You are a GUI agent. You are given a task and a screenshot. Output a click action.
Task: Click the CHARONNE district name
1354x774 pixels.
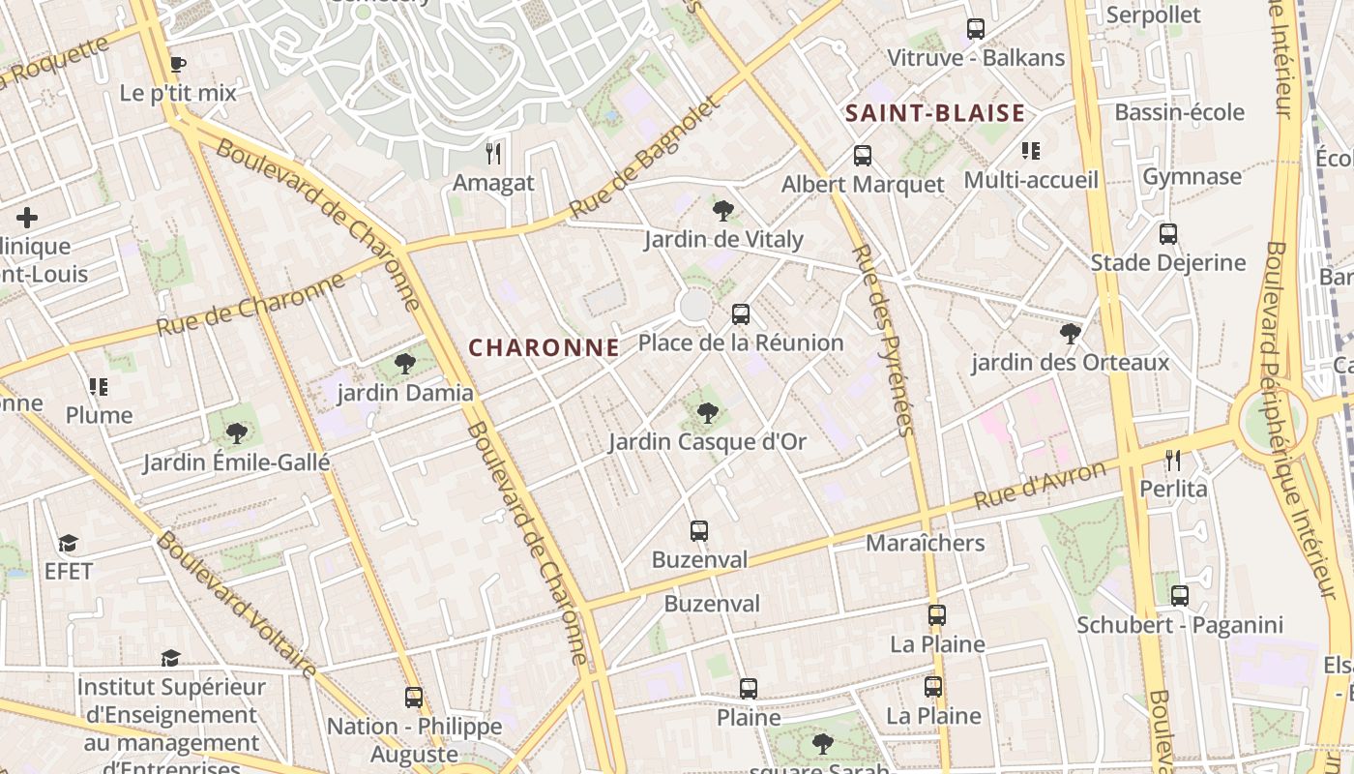point(544,347)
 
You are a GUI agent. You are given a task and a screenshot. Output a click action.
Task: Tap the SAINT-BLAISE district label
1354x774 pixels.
point(934,113)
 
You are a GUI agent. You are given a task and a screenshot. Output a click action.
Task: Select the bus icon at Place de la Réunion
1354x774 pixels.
point(741,314)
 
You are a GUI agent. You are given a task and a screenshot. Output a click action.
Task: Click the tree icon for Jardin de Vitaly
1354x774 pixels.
point(722,210)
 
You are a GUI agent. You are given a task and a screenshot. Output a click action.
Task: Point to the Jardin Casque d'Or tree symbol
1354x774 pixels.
point(708,413)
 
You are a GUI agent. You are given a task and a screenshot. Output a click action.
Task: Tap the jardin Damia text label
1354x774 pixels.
point(405,393)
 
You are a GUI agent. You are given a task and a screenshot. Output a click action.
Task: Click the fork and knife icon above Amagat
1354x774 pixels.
point(493,153)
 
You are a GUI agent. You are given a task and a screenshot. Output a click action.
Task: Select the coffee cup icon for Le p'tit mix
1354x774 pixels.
point(177,65)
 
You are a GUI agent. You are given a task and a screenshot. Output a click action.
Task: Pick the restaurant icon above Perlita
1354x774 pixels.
point(1173,460)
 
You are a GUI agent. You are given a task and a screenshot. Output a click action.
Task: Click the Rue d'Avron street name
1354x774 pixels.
point(1040,486)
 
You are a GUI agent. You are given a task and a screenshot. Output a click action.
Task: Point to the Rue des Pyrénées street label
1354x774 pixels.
point(881,339)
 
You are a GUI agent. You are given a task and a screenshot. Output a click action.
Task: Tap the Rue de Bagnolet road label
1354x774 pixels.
point(645,157)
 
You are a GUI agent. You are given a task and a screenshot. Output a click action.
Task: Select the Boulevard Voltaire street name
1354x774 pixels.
point(236,604)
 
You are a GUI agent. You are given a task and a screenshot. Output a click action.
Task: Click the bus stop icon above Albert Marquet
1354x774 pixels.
point(862,155)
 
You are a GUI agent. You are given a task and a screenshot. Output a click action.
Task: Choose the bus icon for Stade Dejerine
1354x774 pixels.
point(1168,233)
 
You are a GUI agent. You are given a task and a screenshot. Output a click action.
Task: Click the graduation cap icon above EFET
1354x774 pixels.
point(68,543)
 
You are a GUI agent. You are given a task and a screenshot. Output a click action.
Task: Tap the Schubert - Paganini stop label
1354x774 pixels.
point(1180,625)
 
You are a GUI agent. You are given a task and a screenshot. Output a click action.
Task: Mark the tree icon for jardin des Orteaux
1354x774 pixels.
point(1070,334)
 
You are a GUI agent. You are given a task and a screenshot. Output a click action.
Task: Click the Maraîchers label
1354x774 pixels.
point(925,543)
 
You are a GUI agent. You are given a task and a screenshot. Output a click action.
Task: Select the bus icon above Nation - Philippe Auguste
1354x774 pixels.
point(414,697)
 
